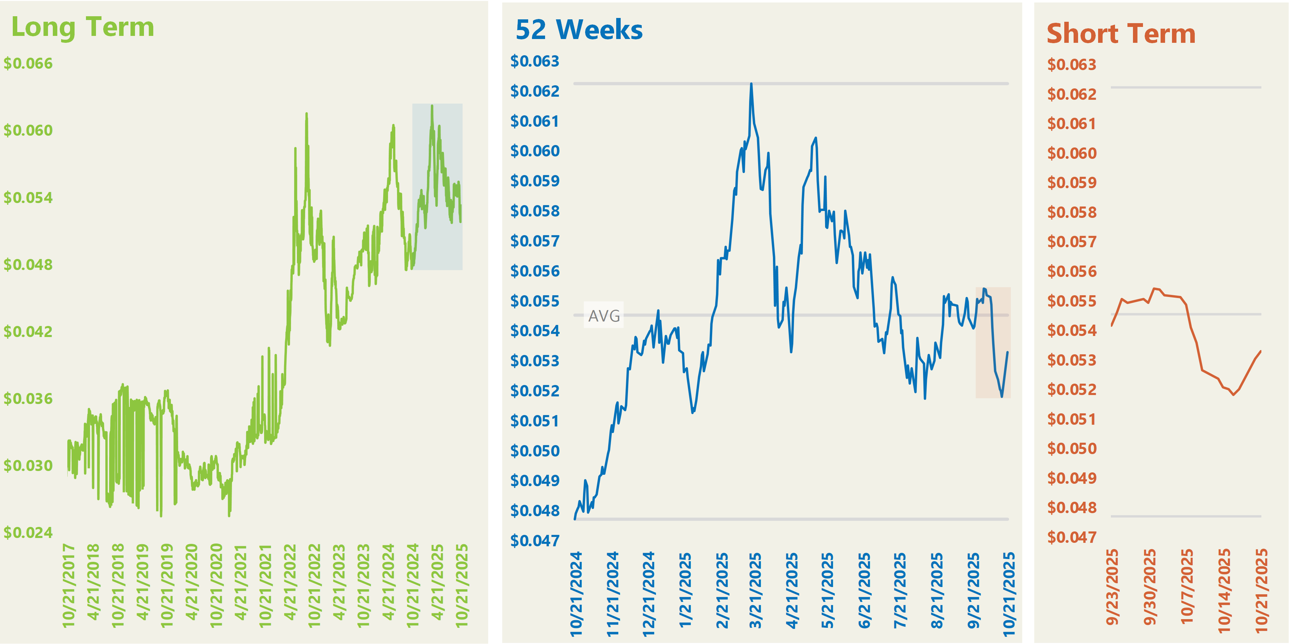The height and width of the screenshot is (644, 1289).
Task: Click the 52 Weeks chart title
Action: tap(579, 30)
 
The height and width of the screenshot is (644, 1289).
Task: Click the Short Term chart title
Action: tap(1121, 34)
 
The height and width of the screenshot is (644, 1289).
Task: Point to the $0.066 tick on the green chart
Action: tap(28, 64)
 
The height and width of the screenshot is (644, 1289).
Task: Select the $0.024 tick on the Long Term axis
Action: tap(28, 532)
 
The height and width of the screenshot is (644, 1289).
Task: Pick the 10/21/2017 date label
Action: tap(69, 585)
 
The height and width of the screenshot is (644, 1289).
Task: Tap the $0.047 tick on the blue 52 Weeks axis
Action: tap(534, 540)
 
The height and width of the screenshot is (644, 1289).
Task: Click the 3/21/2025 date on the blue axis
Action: tap(755, 590)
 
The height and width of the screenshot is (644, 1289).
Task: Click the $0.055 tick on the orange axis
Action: tap(1072, 301)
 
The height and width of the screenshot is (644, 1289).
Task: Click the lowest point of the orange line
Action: tap(1234, 395)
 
